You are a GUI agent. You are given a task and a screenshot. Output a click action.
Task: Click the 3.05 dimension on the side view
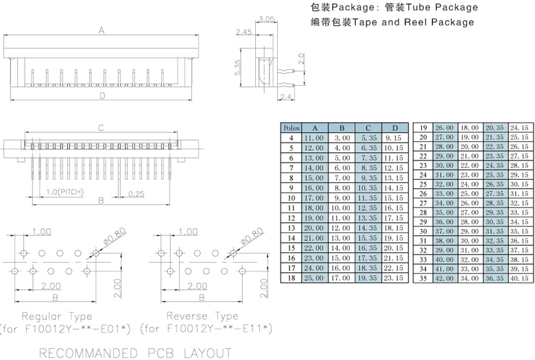pyautogui.click(x=267, y=19)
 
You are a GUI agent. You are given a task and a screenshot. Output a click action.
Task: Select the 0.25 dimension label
pyautogui.click(x=136, y=195)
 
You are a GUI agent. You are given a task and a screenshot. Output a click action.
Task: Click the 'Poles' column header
pyautogui.click(x=292, y=128)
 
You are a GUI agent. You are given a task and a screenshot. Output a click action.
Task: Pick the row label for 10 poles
pyautogui.click(x=292, y=197)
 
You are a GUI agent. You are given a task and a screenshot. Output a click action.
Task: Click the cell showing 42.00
pyautogui.click(x=444, y=279)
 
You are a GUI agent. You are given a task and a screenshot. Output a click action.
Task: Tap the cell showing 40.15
pyautogui.click(x=519, y=279)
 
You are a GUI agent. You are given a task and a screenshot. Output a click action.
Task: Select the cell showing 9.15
pyautogui.click(x=394, y=138)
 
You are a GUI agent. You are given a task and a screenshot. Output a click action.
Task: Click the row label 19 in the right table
pyautogui.click(x=423, y=128)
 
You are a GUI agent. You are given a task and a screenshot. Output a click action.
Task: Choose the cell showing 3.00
pyautogui.click(x=341, y=138)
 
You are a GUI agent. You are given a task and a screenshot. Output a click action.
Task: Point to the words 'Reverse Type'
pyautogui.click(x=202, y=316)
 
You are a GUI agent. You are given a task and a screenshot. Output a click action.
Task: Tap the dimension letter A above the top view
pyautogui.click(x=102, y=30)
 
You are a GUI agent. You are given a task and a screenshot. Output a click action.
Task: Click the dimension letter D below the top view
pyautogui.click(x=102, y=95)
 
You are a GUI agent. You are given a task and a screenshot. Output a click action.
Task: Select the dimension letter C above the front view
pyautogui.click(x=100, y=128)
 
